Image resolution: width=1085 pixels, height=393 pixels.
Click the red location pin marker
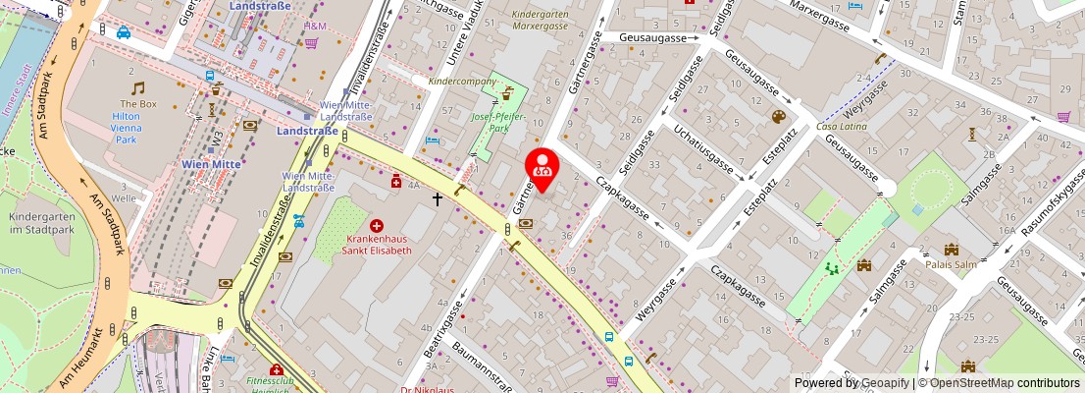click(x=542, y=167)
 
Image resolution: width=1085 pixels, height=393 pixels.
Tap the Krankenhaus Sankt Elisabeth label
click(x=376, y=245)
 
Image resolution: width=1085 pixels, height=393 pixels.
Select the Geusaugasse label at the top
click(x=652, y=37)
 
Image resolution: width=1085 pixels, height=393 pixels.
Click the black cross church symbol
click(x=438, y=198)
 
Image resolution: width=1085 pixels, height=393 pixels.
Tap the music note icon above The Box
click(x=138, y=88)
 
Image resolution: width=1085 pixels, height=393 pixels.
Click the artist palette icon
click(x=779, y=117)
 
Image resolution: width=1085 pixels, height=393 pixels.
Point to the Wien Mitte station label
click(x=212, y=164)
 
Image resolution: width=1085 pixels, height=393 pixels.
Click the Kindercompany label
click(x=465, y=81)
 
